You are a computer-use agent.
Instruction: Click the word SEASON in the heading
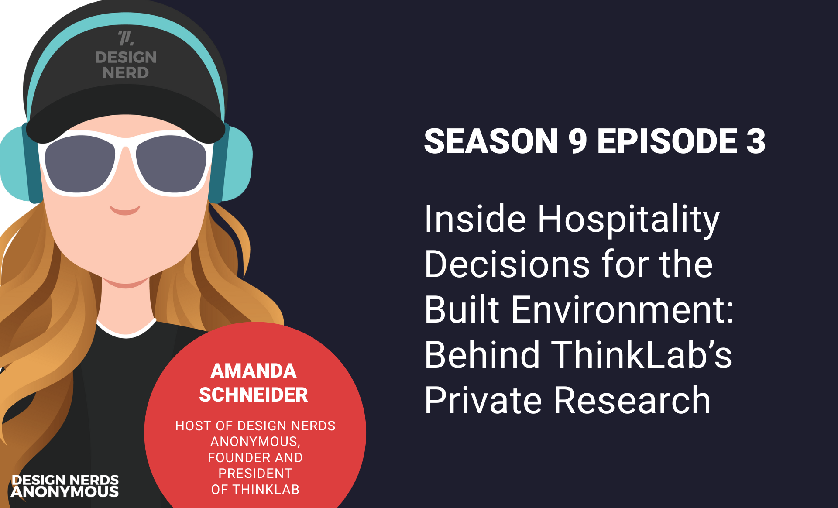(491, 141)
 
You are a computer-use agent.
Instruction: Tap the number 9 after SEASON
(577, 141)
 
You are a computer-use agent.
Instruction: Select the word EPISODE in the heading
(667, 141)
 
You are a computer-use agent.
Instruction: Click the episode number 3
(756, 141)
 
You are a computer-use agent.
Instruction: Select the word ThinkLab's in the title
(642, 354)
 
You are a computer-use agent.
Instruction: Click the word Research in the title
(632, 400)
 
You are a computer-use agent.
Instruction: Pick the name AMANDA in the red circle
(254, 371)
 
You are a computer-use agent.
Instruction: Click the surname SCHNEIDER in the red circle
(254, 395)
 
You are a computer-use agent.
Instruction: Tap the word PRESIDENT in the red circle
(255, 474)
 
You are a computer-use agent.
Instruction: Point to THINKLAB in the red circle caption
(266, 490)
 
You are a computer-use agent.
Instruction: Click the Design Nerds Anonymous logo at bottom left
(65, 486)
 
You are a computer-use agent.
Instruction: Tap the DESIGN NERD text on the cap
(126, 65)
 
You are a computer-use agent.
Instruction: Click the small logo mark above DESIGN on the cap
(126, 38)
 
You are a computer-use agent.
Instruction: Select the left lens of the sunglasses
(79, 164)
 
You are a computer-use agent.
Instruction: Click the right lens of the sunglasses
(171, 164)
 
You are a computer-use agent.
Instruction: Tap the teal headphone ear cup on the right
(234, 164)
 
